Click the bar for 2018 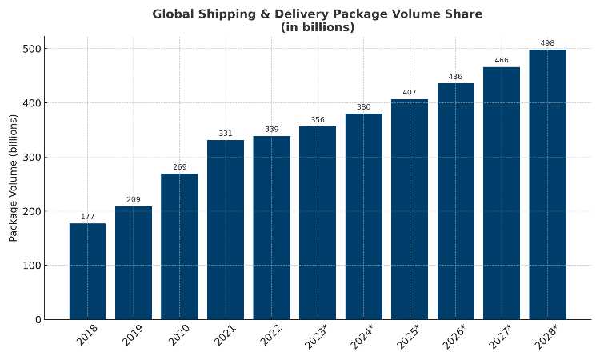tap(87, 271)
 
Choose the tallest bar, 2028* tap(547, 185)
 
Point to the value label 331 tap(226, 134)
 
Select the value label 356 tap(318, 120)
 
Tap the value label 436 tap(455, 77)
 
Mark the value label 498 tap(547, 43)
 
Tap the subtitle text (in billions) tap(318, 27)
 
